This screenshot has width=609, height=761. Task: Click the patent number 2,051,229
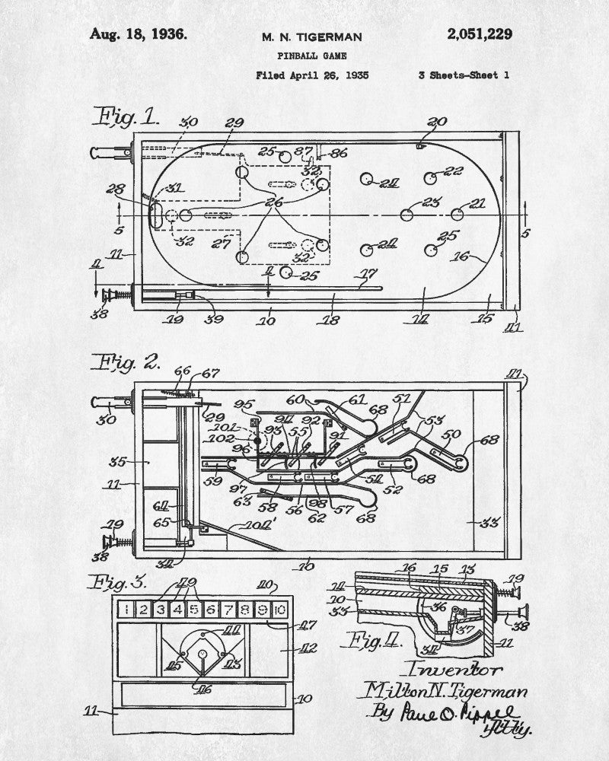coord(480,34)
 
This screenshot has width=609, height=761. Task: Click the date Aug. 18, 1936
coord(138,34)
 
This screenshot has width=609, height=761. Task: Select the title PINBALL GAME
coord(311,56)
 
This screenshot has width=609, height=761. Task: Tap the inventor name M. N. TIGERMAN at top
coord(312,37)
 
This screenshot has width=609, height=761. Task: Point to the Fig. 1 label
coord(126,116)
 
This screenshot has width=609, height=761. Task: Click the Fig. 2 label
coord(126,361)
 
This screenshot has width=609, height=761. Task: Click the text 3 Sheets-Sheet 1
coord(464,75)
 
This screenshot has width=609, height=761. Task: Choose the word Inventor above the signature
coord(455,670)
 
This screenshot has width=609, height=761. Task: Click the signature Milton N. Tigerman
coord(448,691)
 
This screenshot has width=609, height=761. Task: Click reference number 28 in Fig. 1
coord(116,188)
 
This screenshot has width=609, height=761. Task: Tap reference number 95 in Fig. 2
coord(244,404)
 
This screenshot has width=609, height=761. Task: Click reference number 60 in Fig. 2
coord(295,399)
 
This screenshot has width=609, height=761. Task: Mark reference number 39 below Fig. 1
coord(215,320)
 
